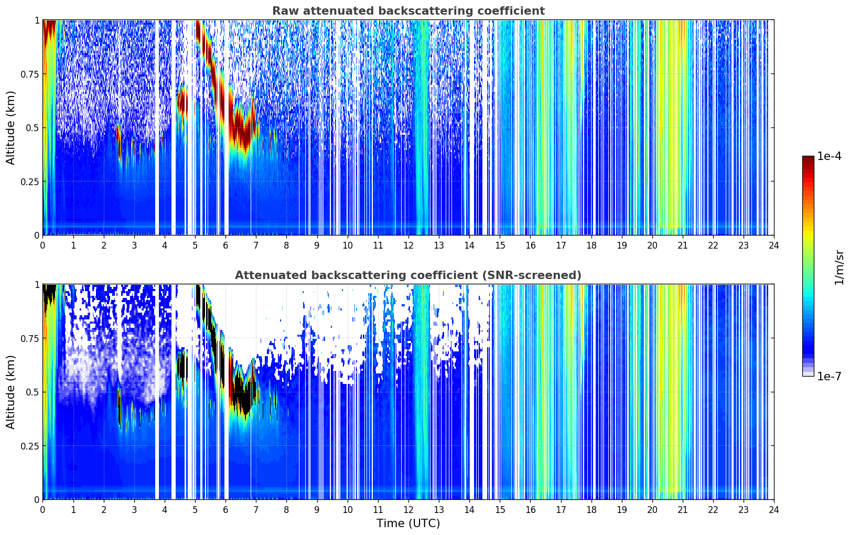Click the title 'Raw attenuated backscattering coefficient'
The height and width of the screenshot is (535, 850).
[x=408, y=11]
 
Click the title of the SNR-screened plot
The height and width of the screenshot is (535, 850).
[x=408, y=275]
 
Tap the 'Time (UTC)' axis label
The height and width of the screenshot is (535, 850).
[x=408, y=523]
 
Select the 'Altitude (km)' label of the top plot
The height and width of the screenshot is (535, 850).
[x=11, y=127]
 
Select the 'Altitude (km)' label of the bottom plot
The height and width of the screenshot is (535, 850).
[x=11, y=392]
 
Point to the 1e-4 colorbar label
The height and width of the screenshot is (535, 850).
[x=829, y=157]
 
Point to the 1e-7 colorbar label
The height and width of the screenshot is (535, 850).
[x=829, y=376]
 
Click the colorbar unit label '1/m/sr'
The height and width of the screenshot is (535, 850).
[x=839, y=267]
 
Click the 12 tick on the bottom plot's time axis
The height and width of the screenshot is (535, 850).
[x=408, y=510]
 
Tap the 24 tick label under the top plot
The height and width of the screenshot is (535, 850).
[x=774, y=245]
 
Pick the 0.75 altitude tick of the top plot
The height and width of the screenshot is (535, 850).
[x=30, y=74]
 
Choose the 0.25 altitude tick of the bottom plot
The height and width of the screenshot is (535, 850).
[x=30, y=446]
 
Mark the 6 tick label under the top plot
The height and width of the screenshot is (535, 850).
[x=225, y=245]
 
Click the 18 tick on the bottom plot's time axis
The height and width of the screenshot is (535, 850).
[x=591, y=510]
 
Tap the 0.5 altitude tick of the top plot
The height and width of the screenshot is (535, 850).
[x=33, y=127]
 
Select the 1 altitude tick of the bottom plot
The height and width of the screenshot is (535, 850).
[x=37, y=285]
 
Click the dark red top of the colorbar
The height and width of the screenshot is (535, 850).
[x=808, y=160]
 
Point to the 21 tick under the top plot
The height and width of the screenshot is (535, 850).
[x=683, y=245]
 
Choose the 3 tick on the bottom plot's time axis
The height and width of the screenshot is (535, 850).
[x=134, y=510]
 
